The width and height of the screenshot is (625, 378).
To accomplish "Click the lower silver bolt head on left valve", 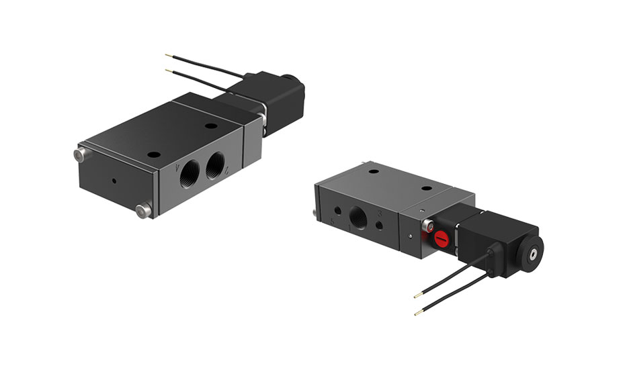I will coord(141,211).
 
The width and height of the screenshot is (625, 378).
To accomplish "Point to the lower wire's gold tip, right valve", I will coord(417,312).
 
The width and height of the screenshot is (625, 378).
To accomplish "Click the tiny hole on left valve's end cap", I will coord(115,181).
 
